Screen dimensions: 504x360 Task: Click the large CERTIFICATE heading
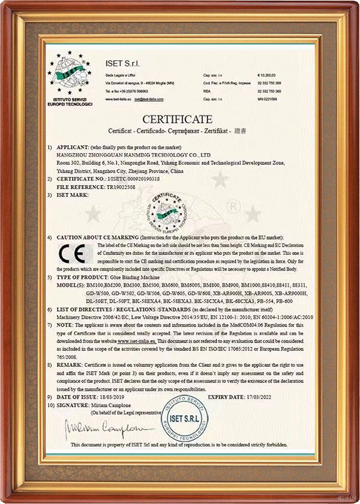click(x=177, y=119)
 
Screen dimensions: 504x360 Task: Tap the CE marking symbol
click(x=75, y=254)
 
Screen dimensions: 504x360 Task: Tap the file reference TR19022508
click(x=118, y=187)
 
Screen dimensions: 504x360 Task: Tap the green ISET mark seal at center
click(x=165, y=213)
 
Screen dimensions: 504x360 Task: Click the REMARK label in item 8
click(x=71, y=364)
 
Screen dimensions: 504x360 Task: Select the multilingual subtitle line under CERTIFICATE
click(x=177, y=130)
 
